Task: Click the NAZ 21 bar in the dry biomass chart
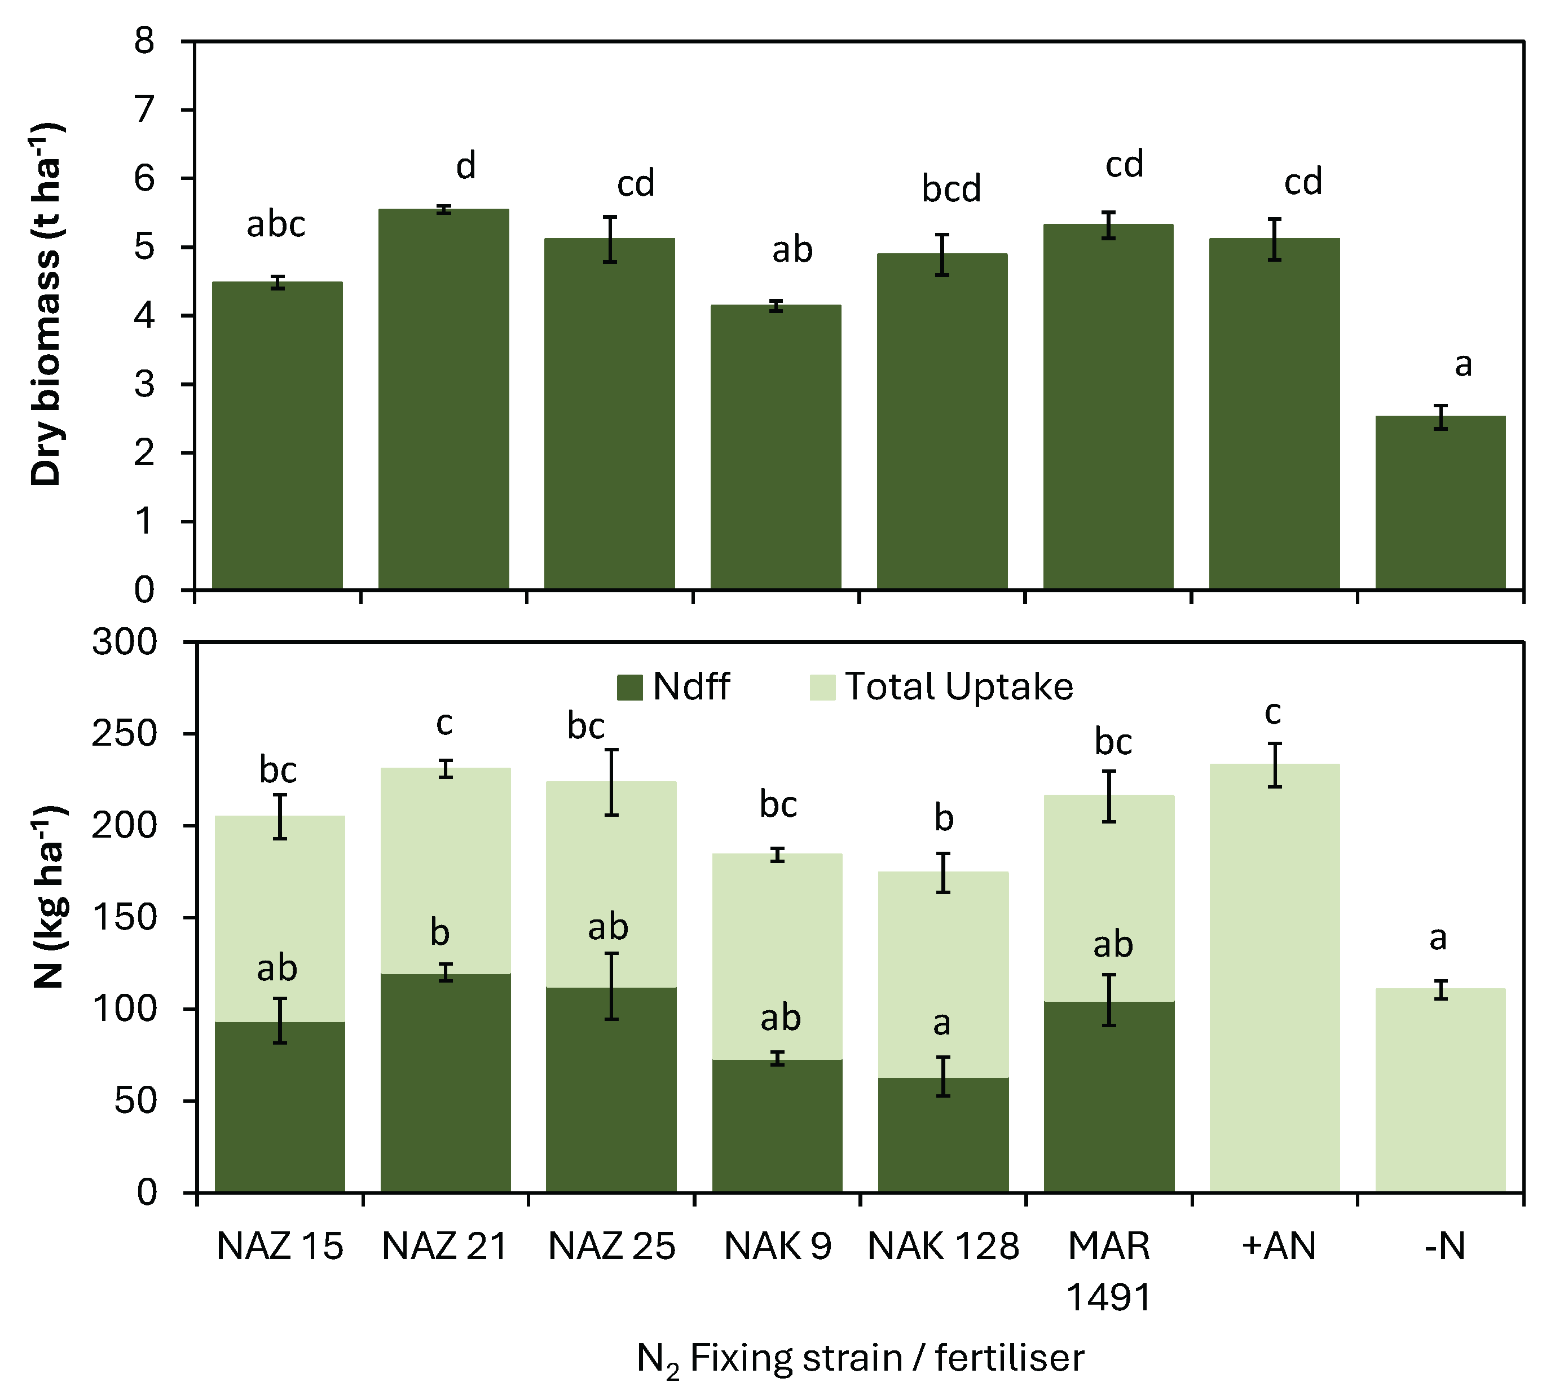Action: pyautogui.click(x=444, y=400)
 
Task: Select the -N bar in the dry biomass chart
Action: pyautogui.click(x=1439, y=503)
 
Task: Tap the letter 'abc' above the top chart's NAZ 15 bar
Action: pyautogui.click(x=275, y=224)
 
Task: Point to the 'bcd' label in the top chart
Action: pyautogui.click(x=951, y=188)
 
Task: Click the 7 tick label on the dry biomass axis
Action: pyautogui.click(x=144, y=110)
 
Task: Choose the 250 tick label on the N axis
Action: pyautogui.click(x=124, y=733)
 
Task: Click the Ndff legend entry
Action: pyautogui.click(x=673, y=686)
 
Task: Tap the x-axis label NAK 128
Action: pyautogui.click(x=943, y=1246)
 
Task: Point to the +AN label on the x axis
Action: pyautogui.click(x=1278, y=1246)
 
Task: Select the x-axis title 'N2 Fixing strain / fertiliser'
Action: pyautogui.click(x=860, y=1358)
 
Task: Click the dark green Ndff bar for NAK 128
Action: pyautogui.click(x=943, y=1135)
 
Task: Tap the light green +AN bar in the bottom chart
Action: pyautogui.click(x=1274, y=977)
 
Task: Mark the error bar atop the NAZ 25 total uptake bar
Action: pyautogui.click(x=611, y=782)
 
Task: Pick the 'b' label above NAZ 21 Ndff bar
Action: pyautogui.click(x=439, y=932)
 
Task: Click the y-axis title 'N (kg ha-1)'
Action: pyautogui.click(x=48, y=896)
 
